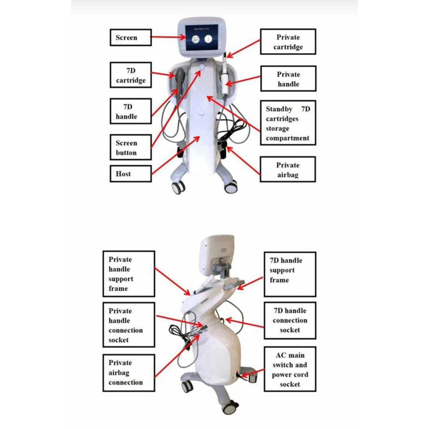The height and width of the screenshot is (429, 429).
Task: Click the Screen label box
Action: click(x=130, y=37)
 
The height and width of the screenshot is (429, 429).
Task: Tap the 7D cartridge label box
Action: click(x=131, y=75)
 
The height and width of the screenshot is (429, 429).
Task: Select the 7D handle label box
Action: click(x=130, y=111)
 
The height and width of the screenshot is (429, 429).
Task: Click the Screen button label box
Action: click(x=130, y=147)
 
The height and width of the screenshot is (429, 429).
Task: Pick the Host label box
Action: click(x=130, y=173)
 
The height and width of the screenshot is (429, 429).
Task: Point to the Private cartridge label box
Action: click(x=288, y=41)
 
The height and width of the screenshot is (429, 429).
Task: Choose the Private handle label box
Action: click(x=288, y=78)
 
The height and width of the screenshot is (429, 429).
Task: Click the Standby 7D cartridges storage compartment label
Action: click(x=288, y=123)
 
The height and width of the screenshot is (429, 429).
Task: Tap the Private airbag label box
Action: click(x=288, y=169)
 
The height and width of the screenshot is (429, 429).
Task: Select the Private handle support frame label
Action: click(x=129, y=274)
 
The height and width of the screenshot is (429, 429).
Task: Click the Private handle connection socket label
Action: click(x=129, y=325)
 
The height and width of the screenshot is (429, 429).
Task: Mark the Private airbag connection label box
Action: click(x=129, y=372)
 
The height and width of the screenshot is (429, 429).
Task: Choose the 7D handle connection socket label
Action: click(x=290, y=320)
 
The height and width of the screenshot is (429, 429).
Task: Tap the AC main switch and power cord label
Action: click(x=290, y=369)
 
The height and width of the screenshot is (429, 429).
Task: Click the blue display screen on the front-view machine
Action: click(x=202, y=39)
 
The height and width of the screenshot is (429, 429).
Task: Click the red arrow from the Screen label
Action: click(x=168, y=37)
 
